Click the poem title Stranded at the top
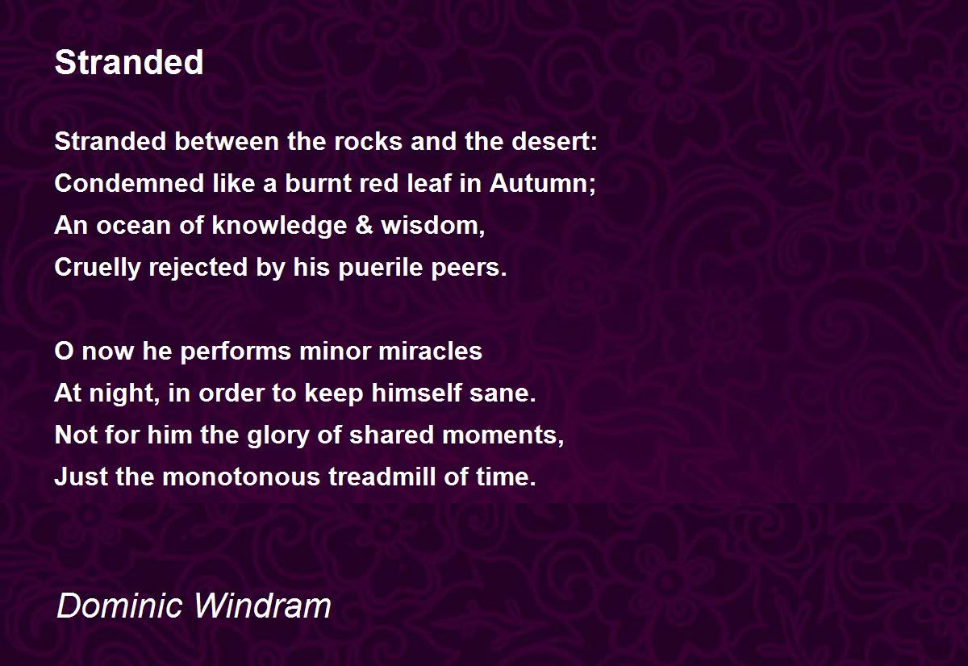(x=129, y=62)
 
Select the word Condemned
(x=129, y=183)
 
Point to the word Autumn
(x=539, y=183)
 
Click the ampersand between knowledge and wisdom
(x=364, y=225)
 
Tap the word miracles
(x=430, y=351)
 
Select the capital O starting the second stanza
(x=64, y=351)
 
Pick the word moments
(x=499, y=435)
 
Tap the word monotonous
(x=241, y=477)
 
